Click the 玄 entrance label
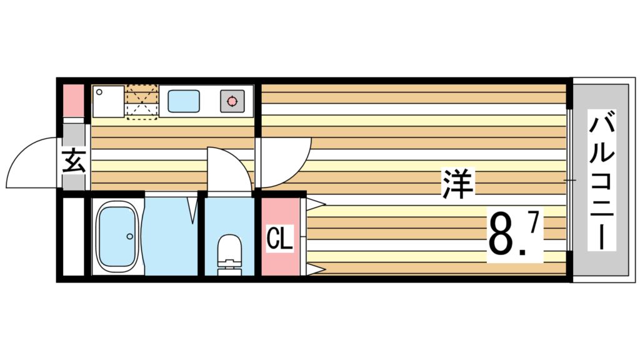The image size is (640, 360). [x=74, y=161]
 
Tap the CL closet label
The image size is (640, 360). [x=279, y=238]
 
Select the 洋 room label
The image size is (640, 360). [x=458, y=184]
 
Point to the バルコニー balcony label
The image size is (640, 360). [x=602, y=180]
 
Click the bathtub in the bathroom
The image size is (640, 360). [x=117, y=237]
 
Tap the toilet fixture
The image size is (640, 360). [x=229, y=255]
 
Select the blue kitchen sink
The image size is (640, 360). [x=184, y=101]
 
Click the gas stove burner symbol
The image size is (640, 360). [x=232, y=101]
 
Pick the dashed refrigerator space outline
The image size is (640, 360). [x=142, y=102]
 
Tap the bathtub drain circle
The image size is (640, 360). [x=130, y=236]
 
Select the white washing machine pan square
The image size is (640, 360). [x=108, y=101]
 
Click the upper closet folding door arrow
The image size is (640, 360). [x=316, y=203]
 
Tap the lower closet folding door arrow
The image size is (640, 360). [x=316, y=269]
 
